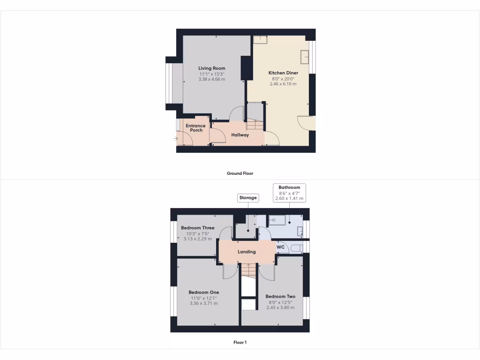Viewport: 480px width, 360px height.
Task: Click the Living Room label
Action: (x=211, y=68)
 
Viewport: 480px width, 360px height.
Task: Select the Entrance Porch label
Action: (x=195, y=127)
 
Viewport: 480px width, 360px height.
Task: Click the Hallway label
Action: (x=240, y=135)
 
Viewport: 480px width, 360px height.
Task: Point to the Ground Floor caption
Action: (x=240, y=173)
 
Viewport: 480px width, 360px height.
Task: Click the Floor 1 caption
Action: (x=240, y=342)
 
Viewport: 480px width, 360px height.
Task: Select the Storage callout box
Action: (x=248, y=198)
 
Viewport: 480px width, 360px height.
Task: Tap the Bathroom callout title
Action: (x=289, y=187)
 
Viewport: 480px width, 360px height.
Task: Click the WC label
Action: (x=281, y=247)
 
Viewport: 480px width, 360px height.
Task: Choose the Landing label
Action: (x=247, y=252)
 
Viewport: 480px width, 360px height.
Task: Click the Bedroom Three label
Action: (x=197, y=228)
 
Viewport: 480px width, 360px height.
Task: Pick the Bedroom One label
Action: (x=203, y=292)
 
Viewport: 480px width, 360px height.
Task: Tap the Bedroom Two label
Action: (x=280, y=296)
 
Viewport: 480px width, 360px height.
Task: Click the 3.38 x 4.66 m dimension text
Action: (x=211, y=79)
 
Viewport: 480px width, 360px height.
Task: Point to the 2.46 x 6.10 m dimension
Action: (x=283, y=84)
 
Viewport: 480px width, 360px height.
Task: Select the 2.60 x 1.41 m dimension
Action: (x=289, y=198)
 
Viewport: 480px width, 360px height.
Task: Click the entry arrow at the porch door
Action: (x=176, y=138)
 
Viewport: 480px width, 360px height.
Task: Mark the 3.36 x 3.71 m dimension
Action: (x=203, y=303)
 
